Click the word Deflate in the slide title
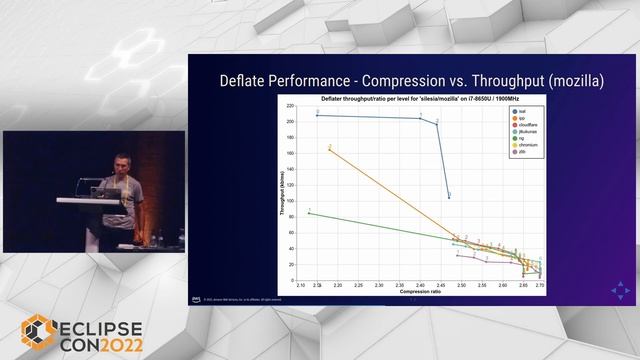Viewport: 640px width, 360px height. [242, 80]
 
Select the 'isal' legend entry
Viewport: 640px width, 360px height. [523, 111]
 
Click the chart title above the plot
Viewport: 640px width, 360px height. [420, 99]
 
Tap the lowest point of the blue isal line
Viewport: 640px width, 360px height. [448, 197]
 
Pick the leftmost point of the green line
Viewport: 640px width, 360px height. [309, 212]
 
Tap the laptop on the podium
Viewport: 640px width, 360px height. [101, 189]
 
